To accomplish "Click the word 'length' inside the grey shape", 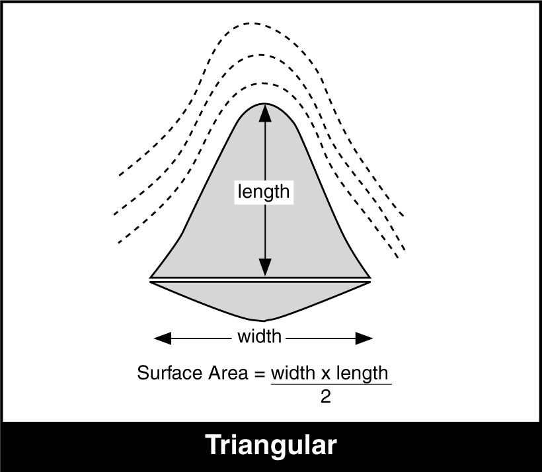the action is point(264,192).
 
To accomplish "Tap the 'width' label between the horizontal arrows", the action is point(259,336).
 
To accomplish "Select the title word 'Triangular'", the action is point(271,446).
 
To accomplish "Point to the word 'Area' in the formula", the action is point(228,373).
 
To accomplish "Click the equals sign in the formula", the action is point(259,374).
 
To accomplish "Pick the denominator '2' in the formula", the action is point(326,397).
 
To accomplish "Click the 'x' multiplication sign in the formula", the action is point(326,374).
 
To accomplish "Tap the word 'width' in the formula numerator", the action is point(293,373).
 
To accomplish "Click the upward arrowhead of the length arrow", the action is point(265,113).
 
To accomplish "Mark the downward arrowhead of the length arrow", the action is point(265,267).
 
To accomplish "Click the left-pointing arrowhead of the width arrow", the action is point(163,338).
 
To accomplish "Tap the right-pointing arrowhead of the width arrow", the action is point(364,338).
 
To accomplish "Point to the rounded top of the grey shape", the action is point(265,104).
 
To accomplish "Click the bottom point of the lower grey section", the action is point(264,321).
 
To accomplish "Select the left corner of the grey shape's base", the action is point(150,278).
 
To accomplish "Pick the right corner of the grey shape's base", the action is point(371,278).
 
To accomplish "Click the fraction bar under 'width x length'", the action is point(331,384).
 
